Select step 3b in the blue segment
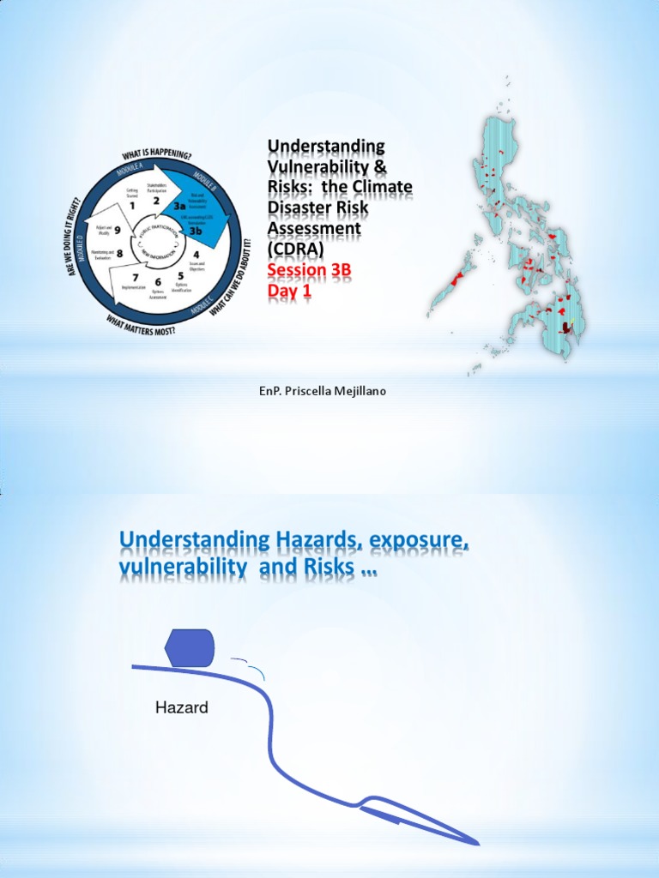(x=196, y=230)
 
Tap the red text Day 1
(x=290, y=292)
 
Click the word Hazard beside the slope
(x=181, y=708)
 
